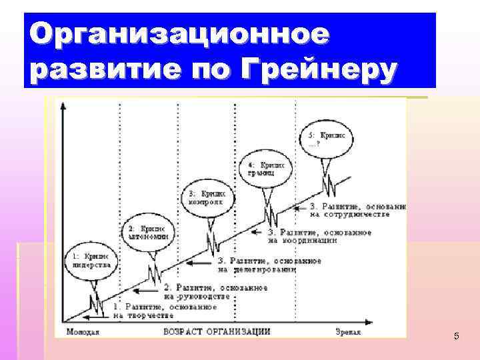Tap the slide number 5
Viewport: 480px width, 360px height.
(456, 336)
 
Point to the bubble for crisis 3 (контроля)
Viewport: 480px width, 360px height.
(207, 197)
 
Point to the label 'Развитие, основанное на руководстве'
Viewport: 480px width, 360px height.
(215, 292)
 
